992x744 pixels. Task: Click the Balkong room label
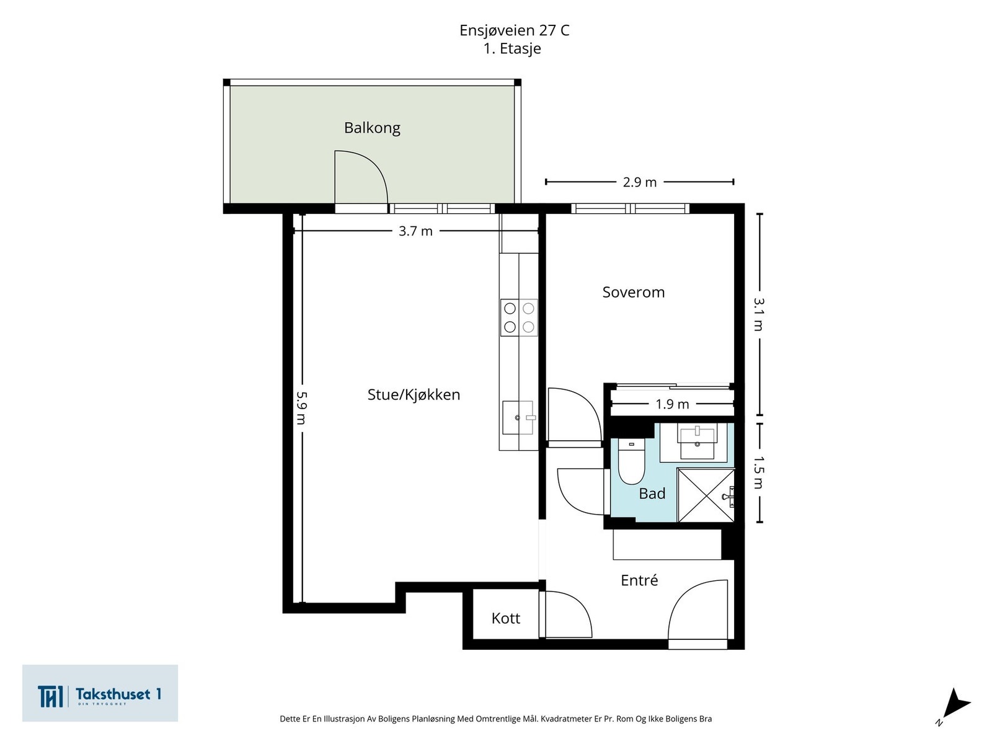pos(372,128)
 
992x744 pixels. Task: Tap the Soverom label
pos(633,292)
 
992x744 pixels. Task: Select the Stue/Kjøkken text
pos(414,394)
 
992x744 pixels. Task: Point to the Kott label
pos(505,618)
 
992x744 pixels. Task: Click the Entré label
pos(639,580)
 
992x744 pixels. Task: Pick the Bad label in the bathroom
pos(652,494)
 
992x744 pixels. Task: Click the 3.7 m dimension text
pos(415,231)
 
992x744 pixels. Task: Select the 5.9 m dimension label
pos(302,407)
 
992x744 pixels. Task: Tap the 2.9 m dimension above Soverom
pos(639,182)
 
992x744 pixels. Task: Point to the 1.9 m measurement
pos(672,404)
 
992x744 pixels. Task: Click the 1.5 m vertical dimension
pos(759,472)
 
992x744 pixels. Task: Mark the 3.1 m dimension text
pos(759,314)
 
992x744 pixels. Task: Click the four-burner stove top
pos(519,317)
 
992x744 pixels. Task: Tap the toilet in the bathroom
pos(631,462)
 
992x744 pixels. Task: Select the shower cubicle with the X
pos(706,495)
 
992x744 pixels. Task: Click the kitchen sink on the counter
pos(518,417)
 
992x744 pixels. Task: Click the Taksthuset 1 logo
pos(100,694)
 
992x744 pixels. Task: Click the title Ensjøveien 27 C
pos(514,30)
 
